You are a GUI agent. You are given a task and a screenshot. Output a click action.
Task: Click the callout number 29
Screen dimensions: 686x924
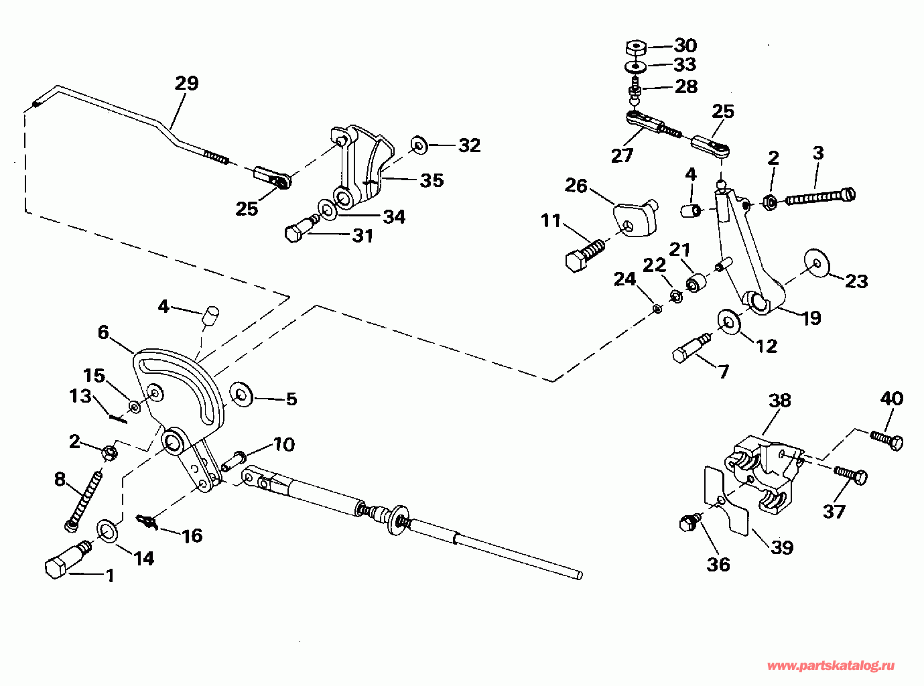point(187,83)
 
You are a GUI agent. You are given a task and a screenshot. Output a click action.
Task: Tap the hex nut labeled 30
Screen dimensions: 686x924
point(635,48)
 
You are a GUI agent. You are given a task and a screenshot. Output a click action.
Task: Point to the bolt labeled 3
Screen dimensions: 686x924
point(819,198)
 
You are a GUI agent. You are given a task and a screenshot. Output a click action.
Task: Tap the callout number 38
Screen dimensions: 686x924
point(779,401)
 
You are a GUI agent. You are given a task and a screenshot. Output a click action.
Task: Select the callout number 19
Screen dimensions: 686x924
point(811,318)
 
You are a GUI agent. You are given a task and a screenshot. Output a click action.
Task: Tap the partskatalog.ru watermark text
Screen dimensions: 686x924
point(831,665)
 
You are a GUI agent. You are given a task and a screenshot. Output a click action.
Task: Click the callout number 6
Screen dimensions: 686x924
point(103,332)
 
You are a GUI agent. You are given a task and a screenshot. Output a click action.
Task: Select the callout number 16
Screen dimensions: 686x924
point(192,535)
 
